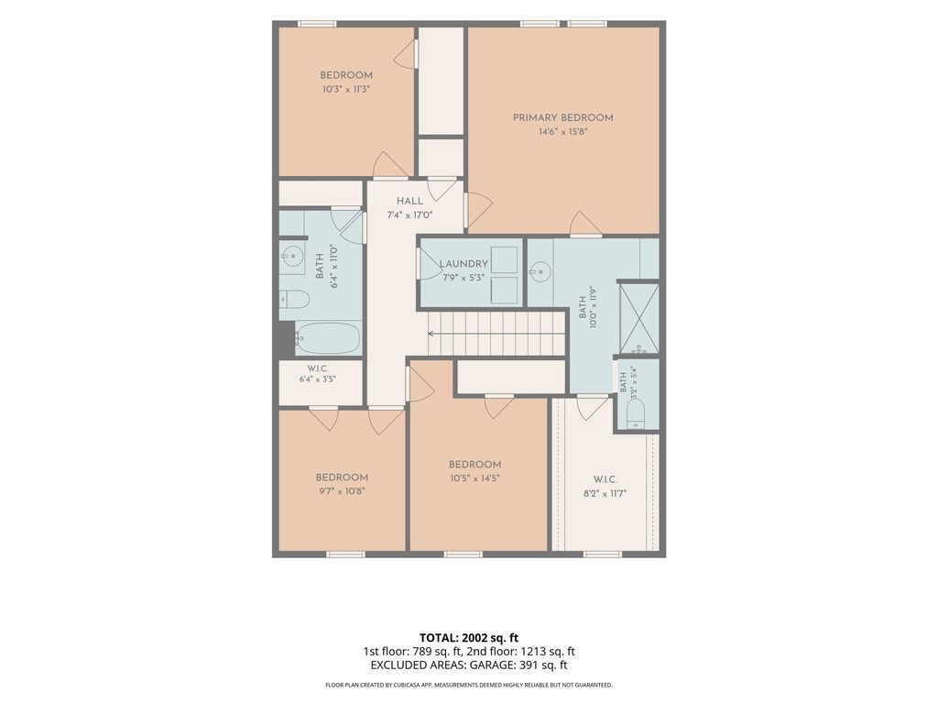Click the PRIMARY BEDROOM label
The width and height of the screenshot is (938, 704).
(x=563, y=118)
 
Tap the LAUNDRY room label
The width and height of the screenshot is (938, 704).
(x=464, y=264)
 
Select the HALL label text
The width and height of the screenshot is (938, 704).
(x=409, y=201)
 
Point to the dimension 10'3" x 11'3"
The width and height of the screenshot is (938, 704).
(x=346, y=89)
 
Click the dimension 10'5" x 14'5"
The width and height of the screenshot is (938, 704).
(x=475, y=478)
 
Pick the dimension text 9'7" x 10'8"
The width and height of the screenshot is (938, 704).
(x=342, y=491)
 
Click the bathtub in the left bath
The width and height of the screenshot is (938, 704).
(x=329, y=338)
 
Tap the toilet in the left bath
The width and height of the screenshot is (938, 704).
(x=294, y=299)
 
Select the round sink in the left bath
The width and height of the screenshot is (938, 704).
(x=292, y=258)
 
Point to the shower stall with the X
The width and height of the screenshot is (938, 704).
(x=638, y=318)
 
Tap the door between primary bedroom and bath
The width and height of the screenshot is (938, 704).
(x=585, y=225)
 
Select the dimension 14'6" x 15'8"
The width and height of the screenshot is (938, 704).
(x=563, y=132)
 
